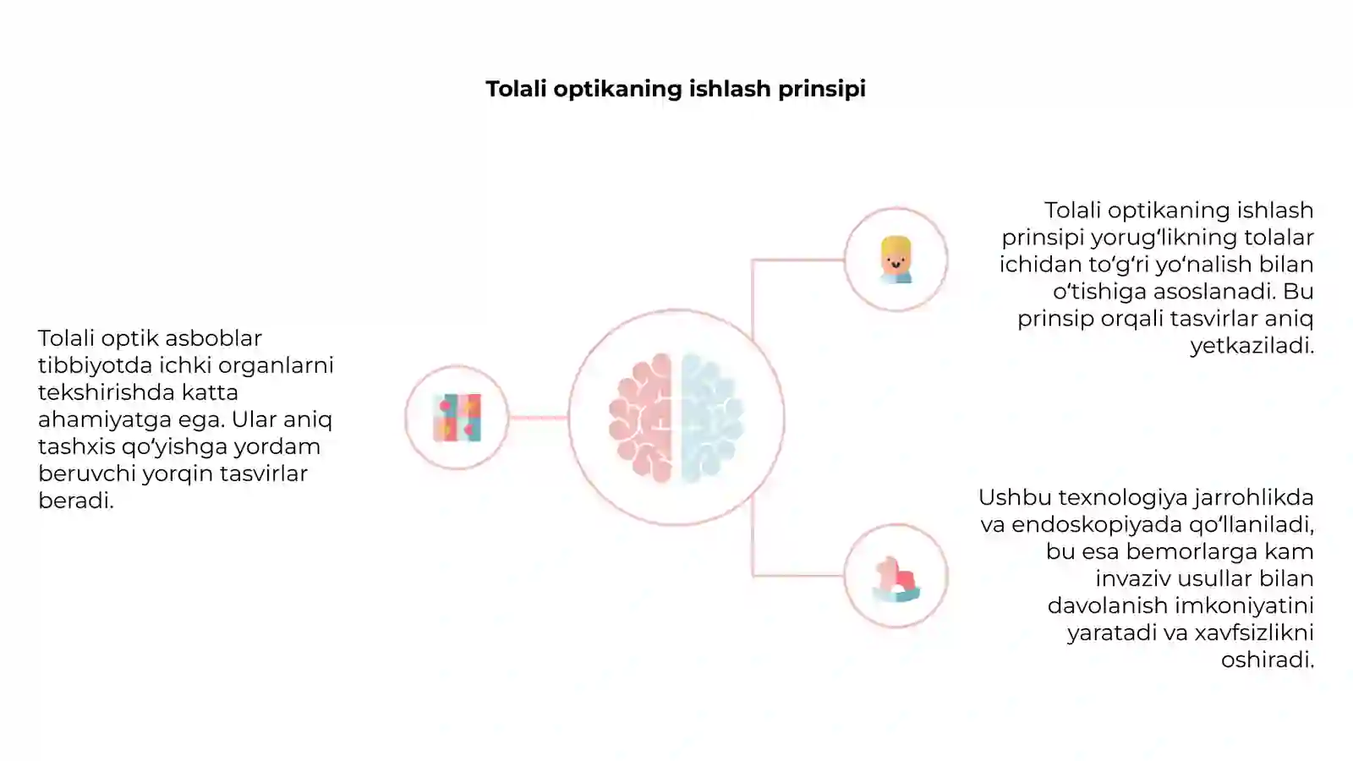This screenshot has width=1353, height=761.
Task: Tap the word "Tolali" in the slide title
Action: tap(517, 89)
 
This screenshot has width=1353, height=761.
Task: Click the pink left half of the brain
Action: tap(641, 418)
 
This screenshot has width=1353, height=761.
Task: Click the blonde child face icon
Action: tap(896, 260)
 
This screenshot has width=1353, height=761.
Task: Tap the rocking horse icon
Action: tap(896, 579)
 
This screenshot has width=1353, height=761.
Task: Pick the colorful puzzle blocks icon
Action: tap(457, 418)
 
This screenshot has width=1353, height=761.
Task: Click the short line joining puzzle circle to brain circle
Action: tap(538, 418)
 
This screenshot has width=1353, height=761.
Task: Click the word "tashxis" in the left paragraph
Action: tap(77, 446)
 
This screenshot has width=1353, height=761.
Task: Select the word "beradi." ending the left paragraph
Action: tap(76, 500)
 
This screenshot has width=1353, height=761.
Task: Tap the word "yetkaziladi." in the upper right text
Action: tap(1252, 346)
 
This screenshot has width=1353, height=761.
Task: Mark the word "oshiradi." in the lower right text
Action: tap(1268, 660)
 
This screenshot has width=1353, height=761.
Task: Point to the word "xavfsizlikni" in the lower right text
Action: tap(1254, 632)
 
